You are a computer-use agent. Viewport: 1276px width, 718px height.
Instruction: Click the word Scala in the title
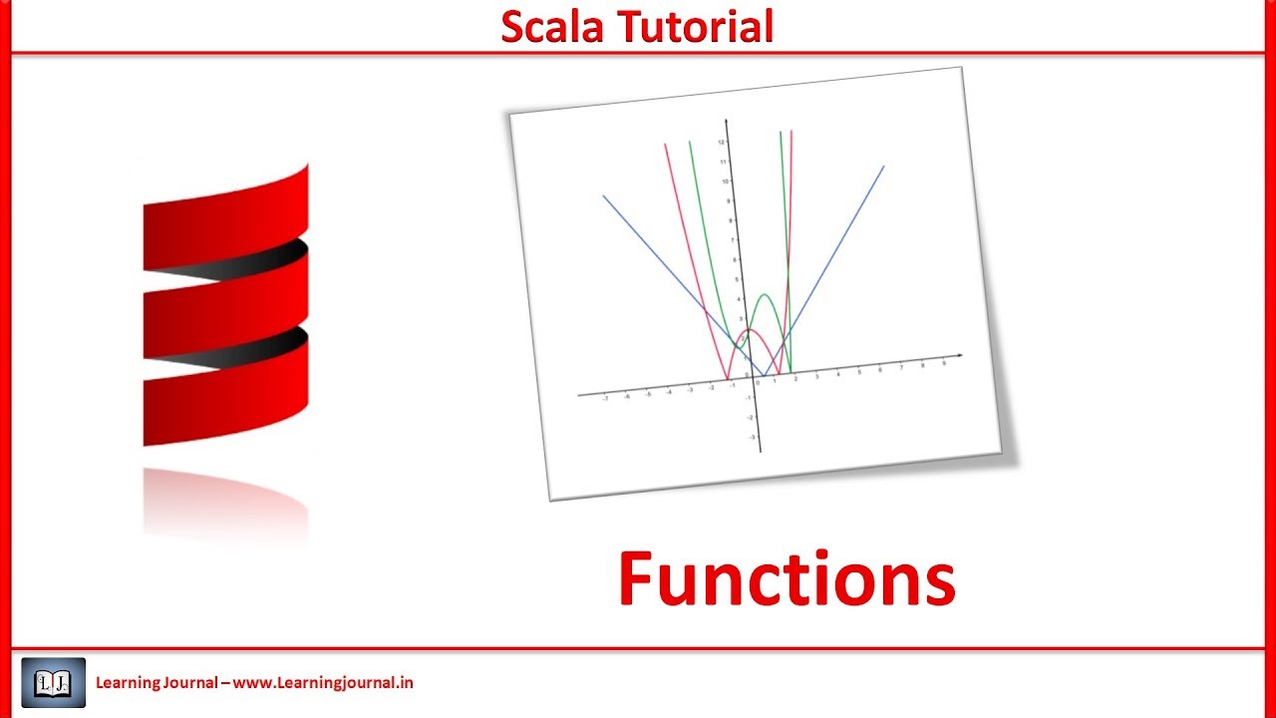(x=553, y=27)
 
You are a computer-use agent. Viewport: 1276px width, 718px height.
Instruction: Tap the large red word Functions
(x=787, y=580)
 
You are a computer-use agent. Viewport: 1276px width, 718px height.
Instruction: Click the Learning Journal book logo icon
(x=53, y=683)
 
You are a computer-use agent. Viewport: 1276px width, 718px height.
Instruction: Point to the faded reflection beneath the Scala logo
(x=225, y=504)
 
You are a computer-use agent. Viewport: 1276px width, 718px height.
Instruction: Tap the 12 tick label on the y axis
(x=720, y=143)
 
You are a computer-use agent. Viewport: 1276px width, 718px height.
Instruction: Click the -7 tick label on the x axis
(x=605, y=398)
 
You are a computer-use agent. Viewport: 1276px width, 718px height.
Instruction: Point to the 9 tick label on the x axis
(x=943, y=364)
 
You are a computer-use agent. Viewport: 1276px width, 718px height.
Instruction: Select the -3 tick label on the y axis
(x=751, y=437)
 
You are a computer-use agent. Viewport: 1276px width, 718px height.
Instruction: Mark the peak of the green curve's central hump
(x=765, y=295)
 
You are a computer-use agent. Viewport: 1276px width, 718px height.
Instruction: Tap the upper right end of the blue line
(x=883, y=167)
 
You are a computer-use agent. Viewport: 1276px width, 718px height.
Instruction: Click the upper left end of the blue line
(x=603, y=195)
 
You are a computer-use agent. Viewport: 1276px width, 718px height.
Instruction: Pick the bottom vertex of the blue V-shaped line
(x=761, y=376)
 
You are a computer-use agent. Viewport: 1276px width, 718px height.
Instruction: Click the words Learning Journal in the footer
(x=157, y=683)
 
